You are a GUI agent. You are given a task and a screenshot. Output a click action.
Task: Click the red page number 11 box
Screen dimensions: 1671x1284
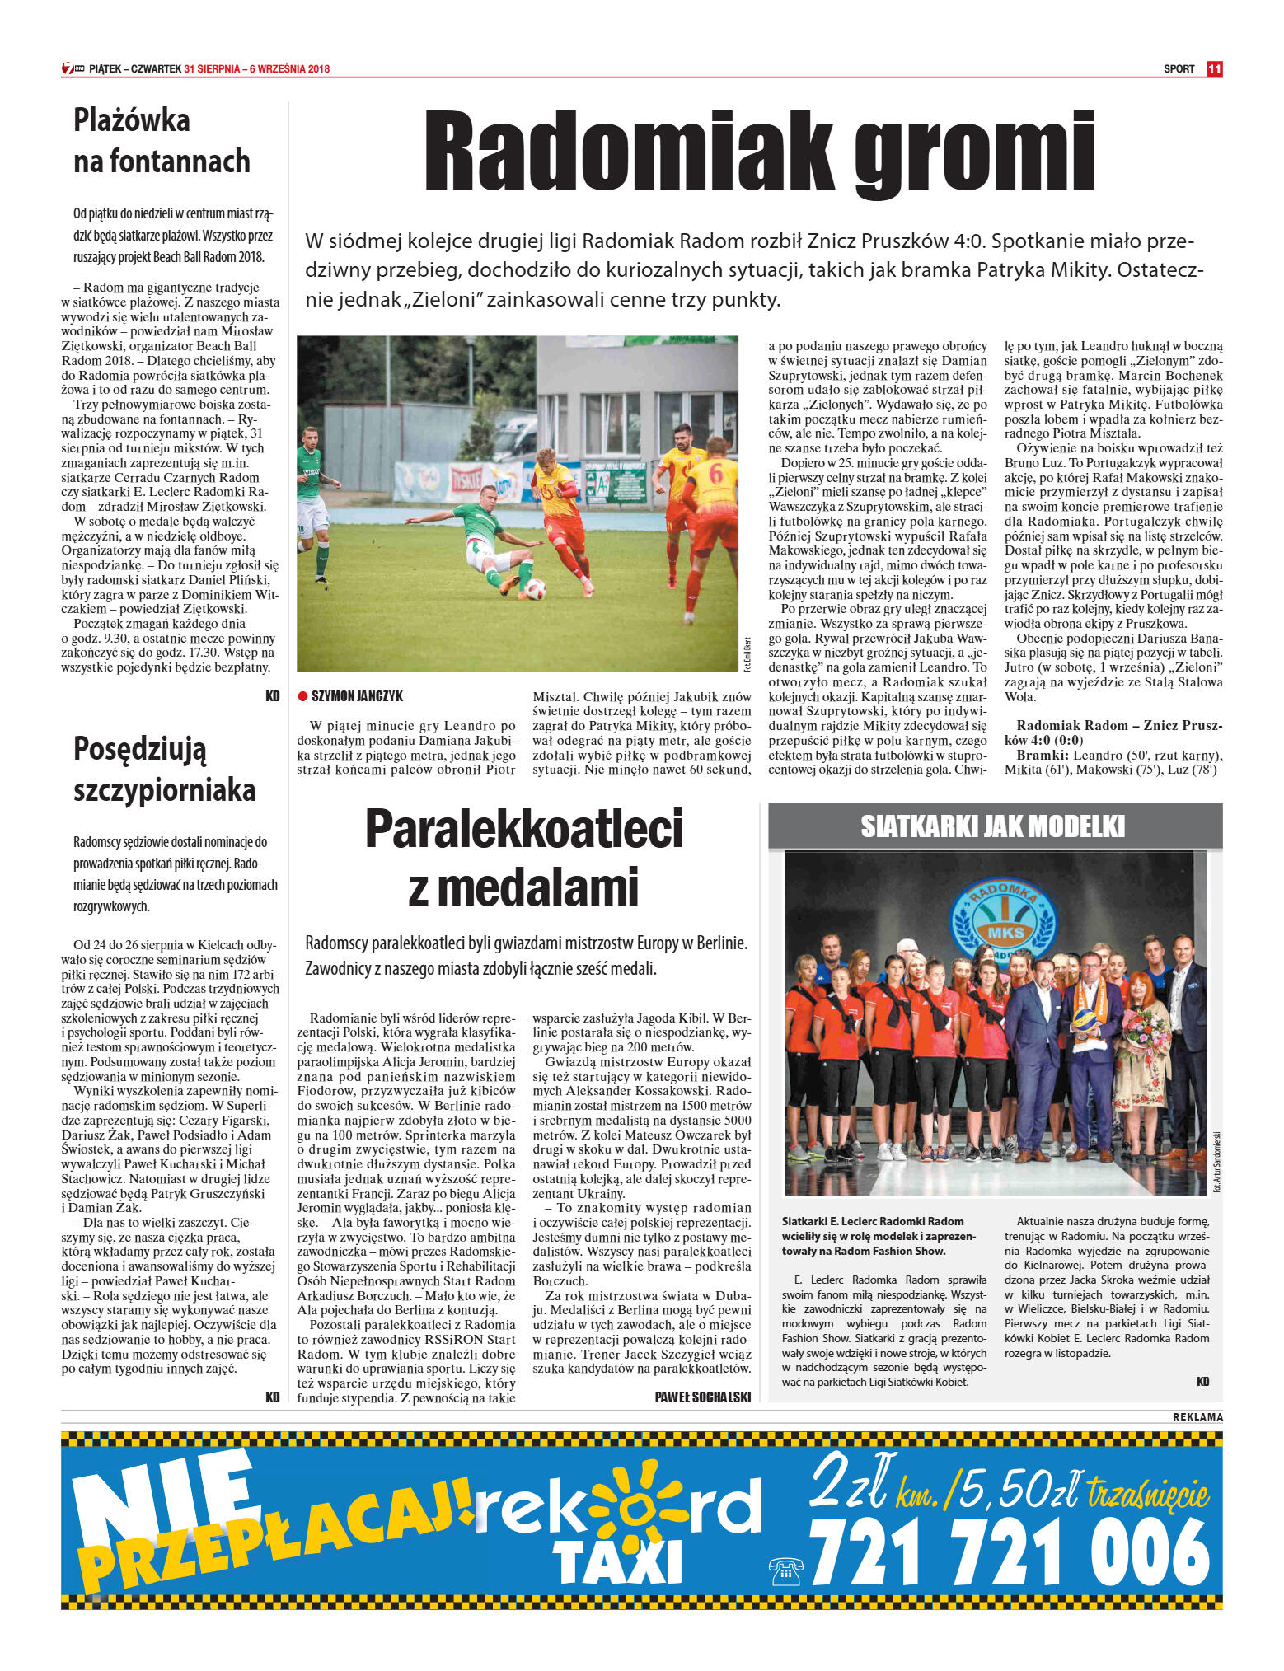click(1214, 69)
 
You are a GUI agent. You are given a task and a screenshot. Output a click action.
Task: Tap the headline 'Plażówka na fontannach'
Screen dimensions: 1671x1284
click(162, 140)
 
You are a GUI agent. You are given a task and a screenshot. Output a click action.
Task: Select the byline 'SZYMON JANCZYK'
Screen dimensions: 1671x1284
click(357, 696)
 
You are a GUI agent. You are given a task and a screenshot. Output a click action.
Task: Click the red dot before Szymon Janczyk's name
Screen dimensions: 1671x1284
click(302, 696)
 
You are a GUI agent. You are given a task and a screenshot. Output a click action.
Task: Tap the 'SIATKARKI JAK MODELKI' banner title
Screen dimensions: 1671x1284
click(993, 826)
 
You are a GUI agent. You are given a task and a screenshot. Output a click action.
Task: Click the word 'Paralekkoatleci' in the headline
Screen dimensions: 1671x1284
click(524, 829)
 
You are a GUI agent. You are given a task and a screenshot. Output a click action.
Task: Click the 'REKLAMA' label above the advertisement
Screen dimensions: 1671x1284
click(1197, 1416)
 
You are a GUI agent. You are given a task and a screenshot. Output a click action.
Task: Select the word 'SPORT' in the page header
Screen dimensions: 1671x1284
click(1179, 69)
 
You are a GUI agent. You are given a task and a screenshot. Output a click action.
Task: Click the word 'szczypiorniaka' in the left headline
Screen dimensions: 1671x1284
click(165, 790)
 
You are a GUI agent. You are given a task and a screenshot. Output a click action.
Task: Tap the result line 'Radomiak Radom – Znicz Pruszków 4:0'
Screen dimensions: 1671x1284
click(1113, 733)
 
